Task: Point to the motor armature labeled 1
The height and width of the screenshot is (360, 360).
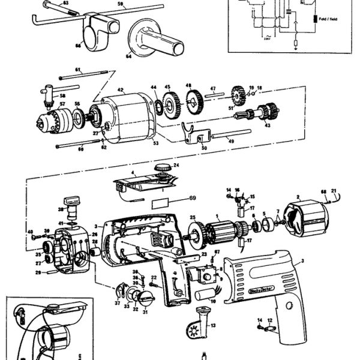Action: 225,230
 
